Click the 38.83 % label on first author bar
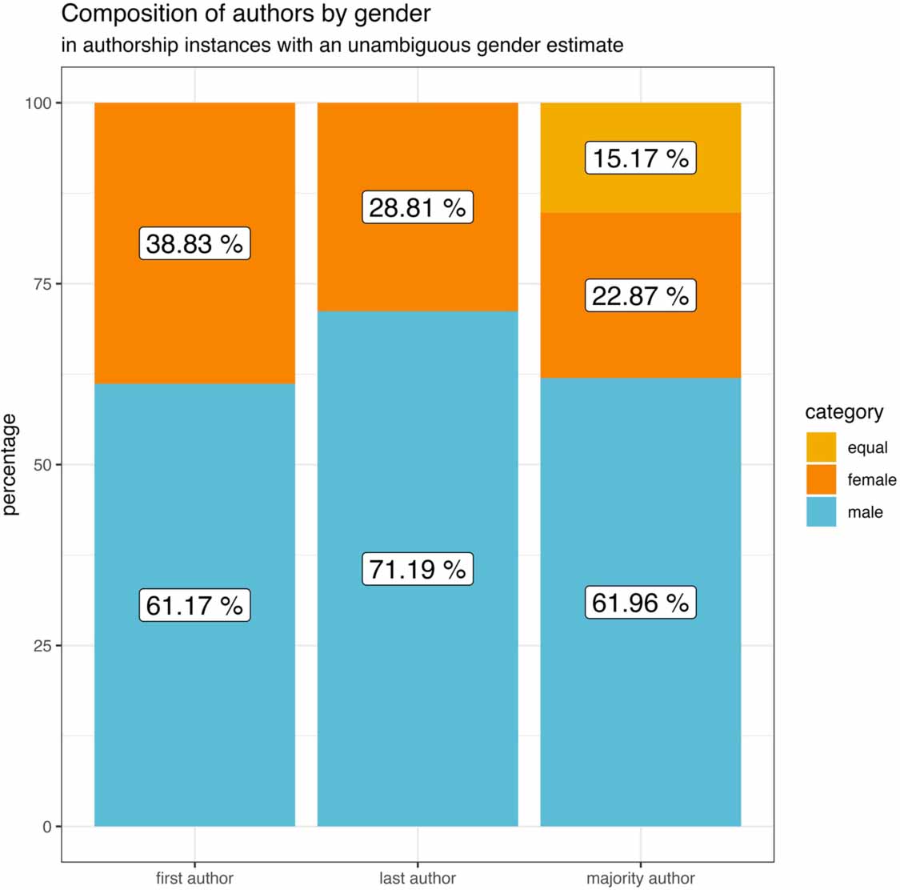tap(194, 244)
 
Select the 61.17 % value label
tap(194, 605)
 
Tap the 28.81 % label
tap(418, 207)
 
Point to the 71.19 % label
tap(418, 569)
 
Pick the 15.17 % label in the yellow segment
tap(640, 158)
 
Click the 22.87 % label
tap(640, 296)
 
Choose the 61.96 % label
tap(640, 603)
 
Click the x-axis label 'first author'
tap(194, 878)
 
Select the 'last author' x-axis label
tap(418, 878)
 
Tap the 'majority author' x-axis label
tap(640, 878)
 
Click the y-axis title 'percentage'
tap(10, 464)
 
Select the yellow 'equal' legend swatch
tap(821, 447)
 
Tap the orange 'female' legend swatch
tap(821, 479)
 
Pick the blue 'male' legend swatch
tap(821, 512)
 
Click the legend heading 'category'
tap(844, 412)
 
